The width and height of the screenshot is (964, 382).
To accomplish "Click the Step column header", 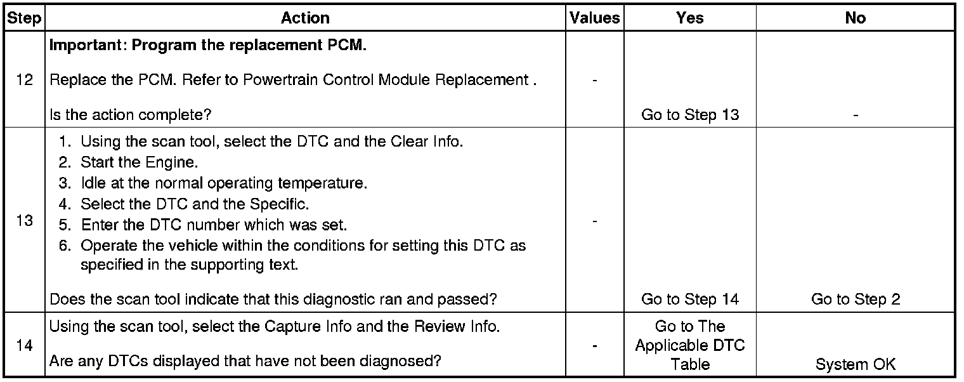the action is coord(24,18).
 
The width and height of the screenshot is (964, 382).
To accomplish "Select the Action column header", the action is coord(305,18).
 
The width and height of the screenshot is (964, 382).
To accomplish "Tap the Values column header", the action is coord(595,18).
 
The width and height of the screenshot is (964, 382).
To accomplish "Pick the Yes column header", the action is coord(690,18).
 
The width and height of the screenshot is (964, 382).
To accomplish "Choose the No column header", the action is coord(856,18).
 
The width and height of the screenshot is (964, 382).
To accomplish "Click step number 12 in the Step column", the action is coord(24,81).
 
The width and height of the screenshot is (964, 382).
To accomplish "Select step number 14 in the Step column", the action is coord(24,345).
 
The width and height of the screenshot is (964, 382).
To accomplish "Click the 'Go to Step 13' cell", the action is coord(690,115).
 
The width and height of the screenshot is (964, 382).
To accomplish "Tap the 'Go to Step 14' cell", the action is coord(690,299).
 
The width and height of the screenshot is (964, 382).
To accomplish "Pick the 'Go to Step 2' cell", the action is coord(856,299).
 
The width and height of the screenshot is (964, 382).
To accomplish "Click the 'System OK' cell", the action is coord(856,365).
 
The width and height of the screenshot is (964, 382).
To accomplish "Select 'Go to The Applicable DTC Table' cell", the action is coord(690,345).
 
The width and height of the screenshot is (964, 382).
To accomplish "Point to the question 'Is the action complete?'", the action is coord(130,115).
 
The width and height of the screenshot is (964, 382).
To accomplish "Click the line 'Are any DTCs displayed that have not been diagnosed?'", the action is coord(245,362).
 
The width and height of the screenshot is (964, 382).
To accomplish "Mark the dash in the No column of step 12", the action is coord(856,115).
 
